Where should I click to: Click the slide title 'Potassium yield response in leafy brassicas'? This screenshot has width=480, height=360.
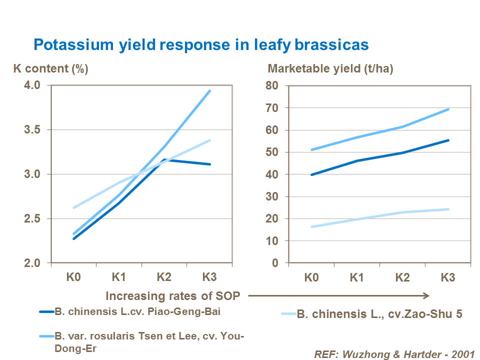pos(201,45)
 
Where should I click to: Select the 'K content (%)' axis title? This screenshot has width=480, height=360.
pos(50,69)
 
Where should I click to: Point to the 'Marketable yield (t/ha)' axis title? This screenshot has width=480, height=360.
pos(331,69)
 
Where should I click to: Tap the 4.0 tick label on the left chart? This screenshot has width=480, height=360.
pos(33,85)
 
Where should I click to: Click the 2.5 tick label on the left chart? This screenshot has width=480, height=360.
pos(33,219)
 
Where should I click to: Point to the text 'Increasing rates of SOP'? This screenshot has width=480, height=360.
pos(173,296)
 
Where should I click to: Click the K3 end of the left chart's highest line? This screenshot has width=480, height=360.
pos(210,91)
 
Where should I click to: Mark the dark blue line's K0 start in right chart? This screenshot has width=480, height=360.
pos(311,175)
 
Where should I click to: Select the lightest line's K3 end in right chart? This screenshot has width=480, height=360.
pos(448,209)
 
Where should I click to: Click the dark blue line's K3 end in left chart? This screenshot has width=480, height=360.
pos(210,164)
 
